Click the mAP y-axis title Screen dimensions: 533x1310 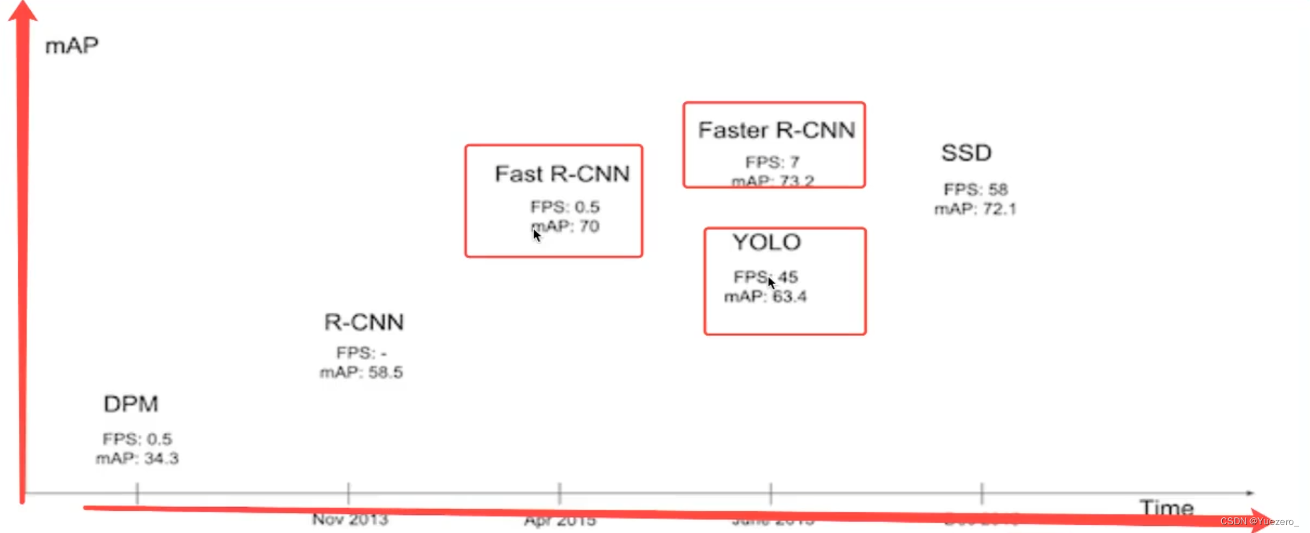pos(71,46)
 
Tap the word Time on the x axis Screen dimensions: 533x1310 pos(1166,508)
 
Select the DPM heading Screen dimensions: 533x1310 pos(130,404)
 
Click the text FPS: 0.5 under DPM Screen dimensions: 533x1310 pos(137,439)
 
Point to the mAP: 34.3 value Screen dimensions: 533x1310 pos(137,459)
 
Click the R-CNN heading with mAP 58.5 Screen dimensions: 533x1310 pos(363,322)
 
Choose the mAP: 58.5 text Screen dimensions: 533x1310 pos(361,373)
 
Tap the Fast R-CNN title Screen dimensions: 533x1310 pos(562,174)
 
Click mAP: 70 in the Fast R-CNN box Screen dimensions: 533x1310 pos(566,226)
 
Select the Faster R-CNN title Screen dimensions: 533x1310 pos(776,131)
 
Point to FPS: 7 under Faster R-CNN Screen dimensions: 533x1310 pos(772,162)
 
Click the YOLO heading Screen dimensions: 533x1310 pos(766,242)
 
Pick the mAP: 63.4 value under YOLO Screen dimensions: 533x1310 pos(765,296)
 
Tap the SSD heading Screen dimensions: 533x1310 pos(966,153)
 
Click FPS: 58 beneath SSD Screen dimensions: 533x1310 pos(975,190)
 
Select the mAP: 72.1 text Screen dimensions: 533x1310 pos(975,209)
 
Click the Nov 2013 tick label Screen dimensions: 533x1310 pos(350,519)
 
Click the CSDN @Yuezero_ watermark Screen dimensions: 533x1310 pos(1258,521)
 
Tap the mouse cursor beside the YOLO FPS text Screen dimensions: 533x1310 pos(771,283)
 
